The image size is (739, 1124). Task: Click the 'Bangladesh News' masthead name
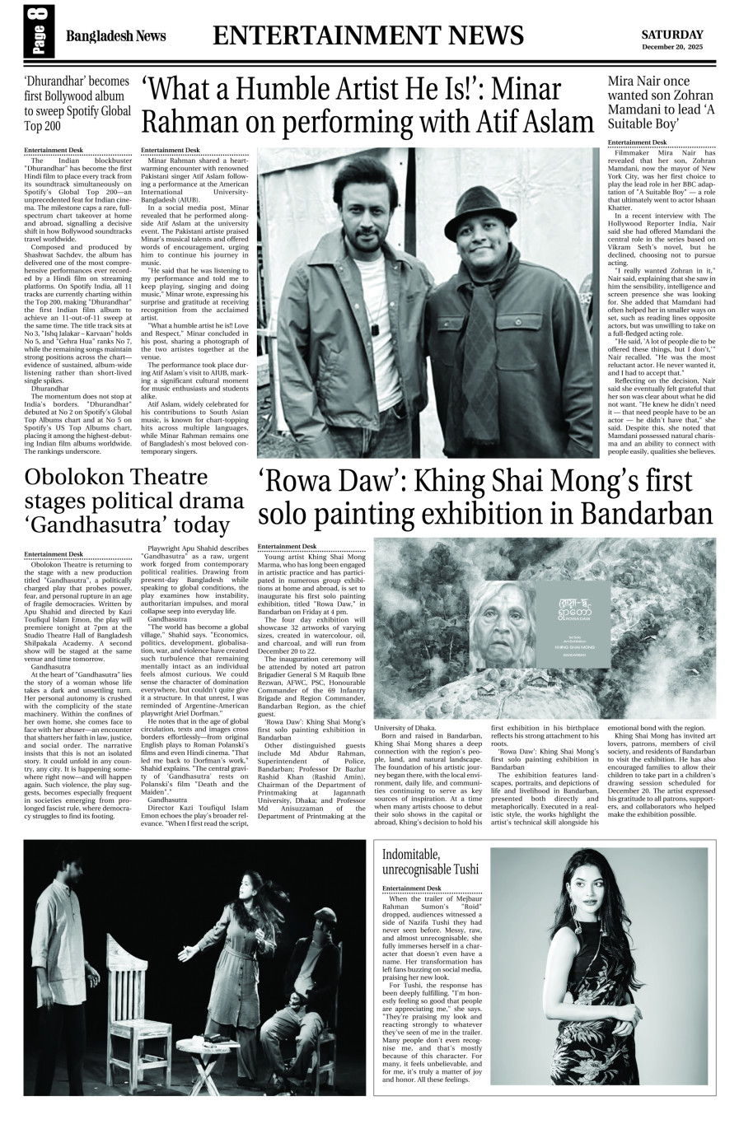[115, 36]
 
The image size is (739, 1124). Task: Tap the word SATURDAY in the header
[672, 35]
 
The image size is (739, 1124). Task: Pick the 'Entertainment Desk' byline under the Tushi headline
[411, 888]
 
